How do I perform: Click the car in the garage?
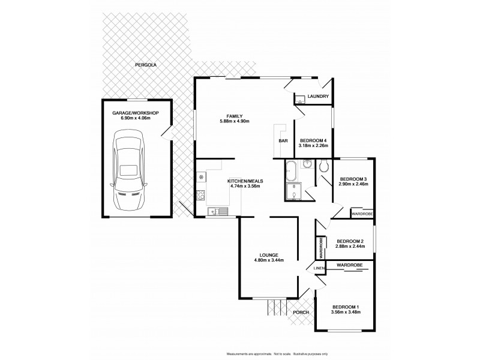129,172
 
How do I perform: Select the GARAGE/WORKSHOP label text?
134,113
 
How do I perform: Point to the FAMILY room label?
234,116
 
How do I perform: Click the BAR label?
282,141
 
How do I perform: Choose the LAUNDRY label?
317,97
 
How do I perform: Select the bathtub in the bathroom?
290,170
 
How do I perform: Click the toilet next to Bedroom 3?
325,166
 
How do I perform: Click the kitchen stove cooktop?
200,194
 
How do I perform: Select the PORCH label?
301,313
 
